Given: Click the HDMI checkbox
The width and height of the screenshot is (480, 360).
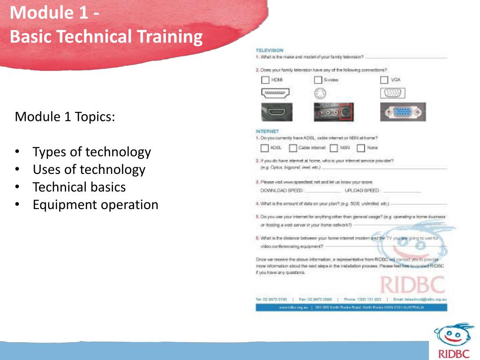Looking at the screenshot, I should click(x=265, y=80).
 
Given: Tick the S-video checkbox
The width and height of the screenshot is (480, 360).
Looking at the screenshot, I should click(x=318, y=80).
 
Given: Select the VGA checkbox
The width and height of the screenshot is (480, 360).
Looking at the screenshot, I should click(x=384, y=80).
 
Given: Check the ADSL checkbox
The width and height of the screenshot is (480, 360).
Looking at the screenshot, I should click(x=264, y=148).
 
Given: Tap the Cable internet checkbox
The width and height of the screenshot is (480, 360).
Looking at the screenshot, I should click(x=293, y=148).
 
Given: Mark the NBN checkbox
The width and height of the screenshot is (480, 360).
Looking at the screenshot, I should click(x=334, y=148).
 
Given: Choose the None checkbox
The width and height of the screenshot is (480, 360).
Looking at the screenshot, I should click(x=361, y=148).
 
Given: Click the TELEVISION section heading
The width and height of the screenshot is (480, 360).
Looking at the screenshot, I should click(x=270, y=50).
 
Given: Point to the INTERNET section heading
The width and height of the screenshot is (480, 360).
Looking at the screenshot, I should click(x=267, y=131).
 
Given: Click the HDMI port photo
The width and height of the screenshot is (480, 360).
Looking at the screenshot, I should click(x=276, y=112).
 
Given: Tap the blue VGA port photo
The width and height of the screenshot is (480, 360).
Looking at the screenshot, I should click(x=403, y=112).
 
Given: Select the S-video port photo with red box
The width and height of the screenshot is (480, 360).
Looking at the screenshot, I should click(x=333, y=112).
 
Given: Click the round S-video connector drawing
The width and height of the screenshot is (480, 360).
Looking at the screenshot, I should click(x=319, y=94).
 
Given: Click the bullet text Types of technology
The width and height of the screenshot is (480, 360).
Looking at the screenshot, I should click(x=91, y=152).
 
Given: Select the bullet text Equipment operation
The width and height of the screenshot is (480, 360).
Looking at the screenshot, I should click(x=95, y=205).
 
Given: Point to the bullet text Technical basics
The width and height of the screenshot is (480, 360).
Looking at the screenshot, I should click(x=79, y=187).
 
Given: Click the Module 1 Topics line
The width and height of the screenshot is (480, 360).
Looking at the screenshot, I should click(x=65, y=116).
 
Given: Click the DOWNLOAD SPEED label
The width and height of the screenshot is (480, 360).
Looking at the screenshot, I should click(x=281, y=191).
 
